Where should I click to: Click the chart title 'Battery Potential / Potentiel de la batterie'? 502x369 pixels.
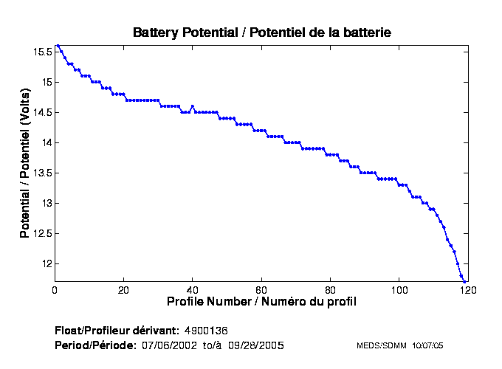click(261, 32)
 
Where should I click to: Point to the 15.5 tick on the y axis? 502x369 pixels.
click(42, 52)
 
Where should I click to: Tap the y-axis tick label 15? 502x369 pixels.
click(47, 82)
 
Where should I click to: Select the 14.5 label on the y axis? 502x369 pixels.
click(42, 112)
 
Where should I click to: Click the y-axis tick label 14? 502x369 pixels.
click(47, 142)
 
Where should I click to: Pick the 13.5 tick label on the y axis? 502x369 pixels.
click(42, 173)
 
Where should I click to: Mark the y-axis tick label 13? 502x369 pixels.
click(47, 203)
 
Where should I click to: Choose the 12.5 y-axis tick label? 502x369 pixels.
click(42, 233)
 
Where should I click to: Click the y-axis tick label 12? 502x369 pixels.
click(47, 263)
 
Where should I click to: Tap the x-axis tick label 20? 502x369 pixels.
click(123, 290)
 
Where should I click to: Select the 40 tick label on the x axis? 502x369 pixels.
click(192, 290)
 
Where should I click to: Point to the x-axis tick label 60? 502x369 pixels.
click(261, 290)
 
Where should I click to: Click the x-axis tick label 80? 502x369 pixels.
click(330, 290)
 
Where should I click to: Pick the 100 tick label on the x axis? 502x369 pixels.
click(399, 290)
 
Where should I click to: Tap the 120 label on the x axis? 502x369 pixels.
click(467, 290)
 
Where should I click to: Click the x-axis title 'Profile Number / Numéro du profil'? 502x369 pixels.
click(261, 302)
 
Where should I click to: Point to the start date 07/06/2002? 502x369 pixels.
click(166, 345)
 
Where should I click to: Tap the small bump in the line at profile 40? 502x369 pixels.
click(192, 106)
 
